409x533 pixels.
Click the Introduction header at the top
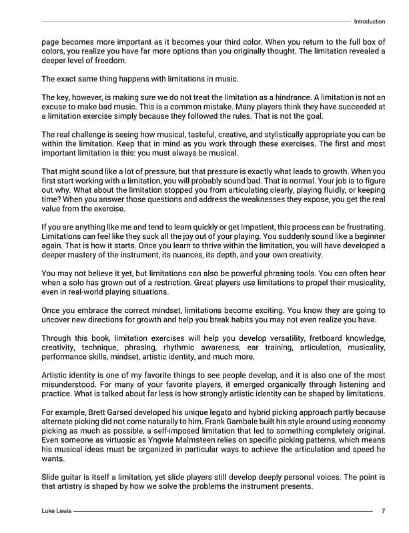(x=369, y=21)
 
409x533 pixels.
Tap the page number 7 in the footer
(x=383, y=511)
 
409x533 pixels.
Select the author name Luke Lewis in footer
(x=55, y=511)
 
